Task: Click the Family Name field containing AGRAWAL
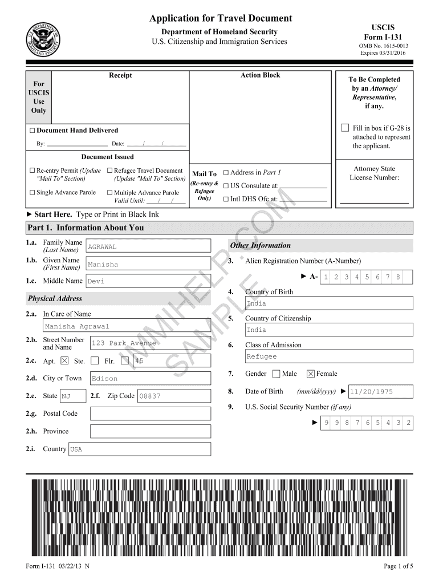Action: tap(148, 246)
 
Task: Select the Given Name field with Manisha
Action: tap(148, 264)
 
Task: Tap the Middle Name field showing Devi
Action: tap(148, 281)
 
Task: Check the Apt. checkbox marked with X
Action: tap(64, 360)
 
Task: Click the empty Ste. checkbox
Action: tap(95, 360)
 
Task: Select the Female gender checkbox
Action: tap(310, 374)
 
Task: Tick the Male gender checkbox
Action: tap(276, 374)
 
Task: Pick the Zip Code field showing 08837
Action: tap(174, 396)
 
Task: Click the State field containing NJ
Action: tap(72, 396)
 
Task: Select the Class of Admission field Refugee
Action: tap(328, 356)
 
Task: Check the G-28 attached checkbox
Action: tap(344, 127)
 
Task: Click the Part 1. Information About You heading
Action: tap(86, 228)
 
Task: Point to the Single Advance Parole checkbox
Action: tap(32, 193)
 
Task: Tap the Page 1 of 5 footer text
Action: tap(399, 566)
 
